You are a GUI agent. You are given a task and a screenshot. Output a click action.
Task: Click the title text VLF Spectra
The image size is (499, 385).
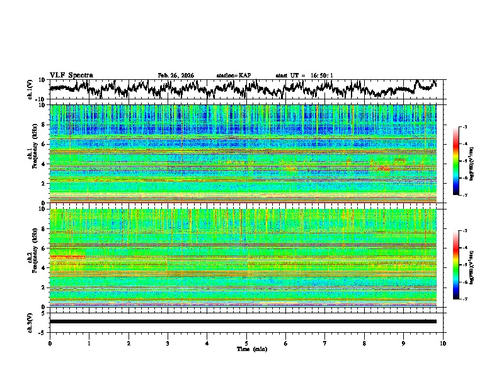point(71,75)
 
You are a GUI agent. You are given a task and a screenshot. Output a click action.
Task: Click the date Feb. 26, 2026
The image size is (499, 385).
point(176,75)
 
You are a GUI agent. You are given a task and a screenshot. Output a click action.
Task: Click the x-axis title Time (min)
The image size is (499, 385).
point(246,349)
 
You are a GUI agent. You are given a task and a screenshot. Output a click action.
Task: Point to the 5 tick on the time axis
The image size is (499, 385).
point(246,342)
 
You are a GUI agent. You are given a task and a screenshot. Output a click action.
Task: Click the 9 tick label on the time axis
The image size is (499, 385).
point(404,342)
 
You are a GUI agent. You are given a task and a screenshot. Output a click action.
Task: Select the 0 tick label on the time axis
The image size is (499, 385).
point(50,342)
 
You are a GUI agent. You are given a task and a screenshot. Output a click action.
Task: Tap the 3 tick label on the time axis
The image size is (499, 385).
point(168,342)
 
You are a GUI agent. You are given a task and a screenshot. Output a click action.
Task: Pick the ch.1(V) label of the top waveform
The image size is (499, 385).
point(30,89)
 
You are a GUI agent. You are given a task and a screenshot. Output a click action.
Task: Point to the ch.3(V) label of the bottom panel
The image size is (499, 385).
point(30,321)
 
